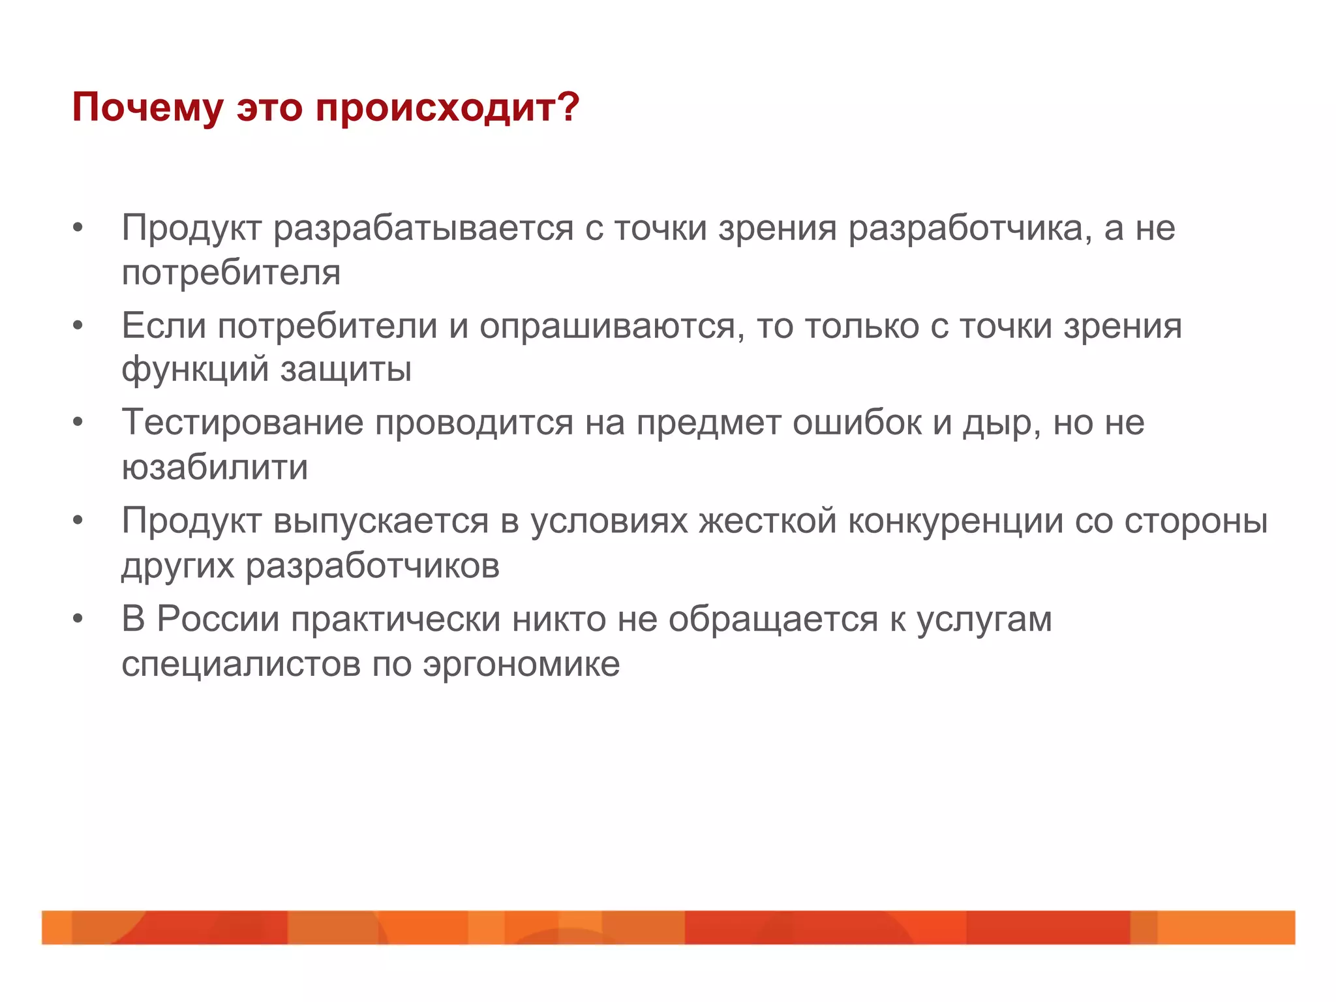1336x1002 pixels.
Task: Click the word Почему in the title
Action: coord(147,108)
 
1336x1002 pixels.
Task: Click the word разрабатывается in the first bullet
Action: coord(423,229)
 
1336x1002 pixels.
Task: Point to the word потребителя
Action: coord(231,273)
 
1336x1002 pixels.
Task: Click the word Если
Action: coord(164,326)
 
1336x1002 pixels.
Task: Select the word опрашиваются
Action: coord(611,327)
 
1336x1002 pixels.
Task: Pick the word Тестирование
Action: coord(242,423)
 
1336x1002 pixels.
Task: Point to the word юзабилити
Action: coord(215,468)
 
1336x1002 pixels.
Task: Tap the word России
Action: coord(218,619)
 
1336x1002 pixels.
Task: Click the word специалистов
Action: coord(241,665)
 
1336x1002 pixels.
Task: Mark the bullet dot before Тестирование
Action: coord(78,423)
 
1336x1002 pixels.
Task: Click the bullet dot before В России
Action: coord(78,619)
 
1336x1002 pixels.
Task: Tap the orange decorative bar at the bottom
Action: coord(668,927)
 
